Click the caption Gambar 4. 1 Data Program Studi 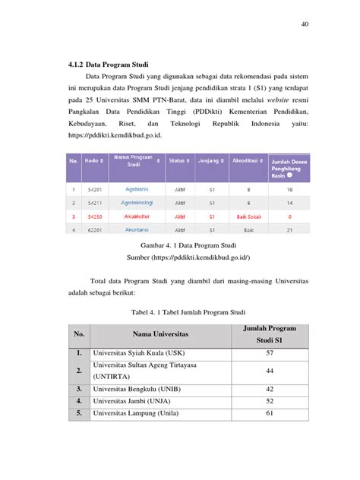click(180, 246)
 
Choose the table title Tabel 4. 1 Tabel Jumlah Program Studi click(179, 311)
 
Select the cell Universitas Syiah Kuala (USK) click(137, 353)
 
